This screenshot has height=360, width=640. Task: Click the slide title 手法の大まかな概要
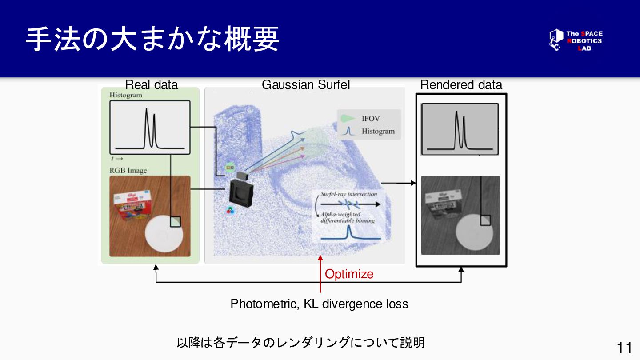point(152,39)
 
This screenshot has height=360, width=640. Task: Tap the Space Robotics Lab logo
point(576,40)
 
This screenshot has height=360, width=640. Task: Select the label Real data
point(151,84)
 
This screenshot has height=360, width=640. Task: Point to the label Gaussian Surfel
point(306,84)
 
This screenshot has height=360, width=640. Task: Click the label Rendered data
point(461,84)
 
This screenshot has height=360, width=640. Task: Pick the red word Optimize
point(349,274)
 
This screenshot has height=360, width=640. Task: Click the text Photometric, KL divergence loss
point(319,304)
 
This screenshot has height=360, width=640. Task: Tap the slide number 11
point(624,348)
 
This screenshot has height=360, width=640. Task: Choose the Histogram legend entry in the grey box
point(377,131)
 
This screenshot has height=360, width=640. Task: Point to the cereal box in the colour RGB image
point(132,207)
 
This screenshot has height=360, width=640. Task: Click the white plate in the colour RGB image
point(164,233)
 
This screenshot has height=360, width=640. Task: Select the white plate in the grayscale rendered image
point(474,232)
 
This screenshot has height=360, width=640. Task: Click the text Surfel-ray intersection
point(349,194)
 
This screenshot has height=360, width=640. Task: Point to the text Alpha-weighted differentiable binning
point(347,217)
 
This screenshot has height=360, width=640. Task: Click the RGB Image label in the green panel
point(128,170)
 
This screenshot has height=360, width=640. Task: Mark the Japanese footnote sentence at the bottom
point(300,343)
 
